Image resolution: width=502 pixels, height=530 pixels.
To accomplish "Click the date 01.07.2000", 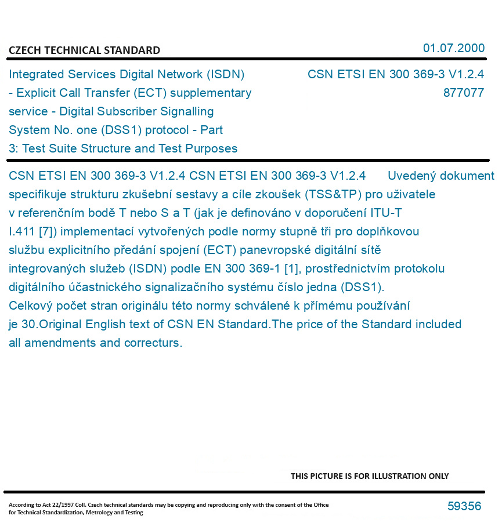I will point(454,48).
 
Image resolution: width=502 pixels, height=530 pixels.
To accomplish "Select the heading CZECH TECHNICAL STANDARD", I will point(84,50).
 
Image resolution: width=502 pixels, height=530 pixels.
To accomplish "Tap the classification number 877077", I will point(463,93).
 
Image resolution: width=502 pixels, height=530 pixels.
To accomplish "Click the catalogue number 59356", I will point(464,506).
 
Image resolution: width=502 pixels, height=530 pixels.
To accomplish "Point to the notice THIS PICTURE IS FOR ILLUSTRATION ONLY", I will point(370,476).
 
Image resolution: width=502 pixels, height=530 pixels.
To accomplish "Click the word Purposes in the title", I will point(211,148).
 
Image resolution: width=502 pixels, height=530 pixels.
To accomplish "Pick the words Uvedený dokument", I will point(440,176).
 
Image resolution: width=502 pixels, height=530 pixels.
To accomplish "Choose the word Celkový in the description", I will point(31,306).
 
